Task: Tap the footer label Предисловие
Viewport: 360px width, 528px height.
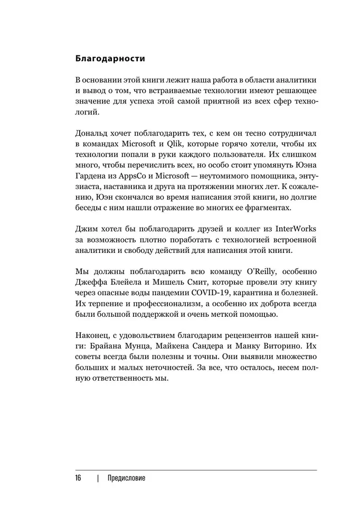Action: point(126,478)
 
